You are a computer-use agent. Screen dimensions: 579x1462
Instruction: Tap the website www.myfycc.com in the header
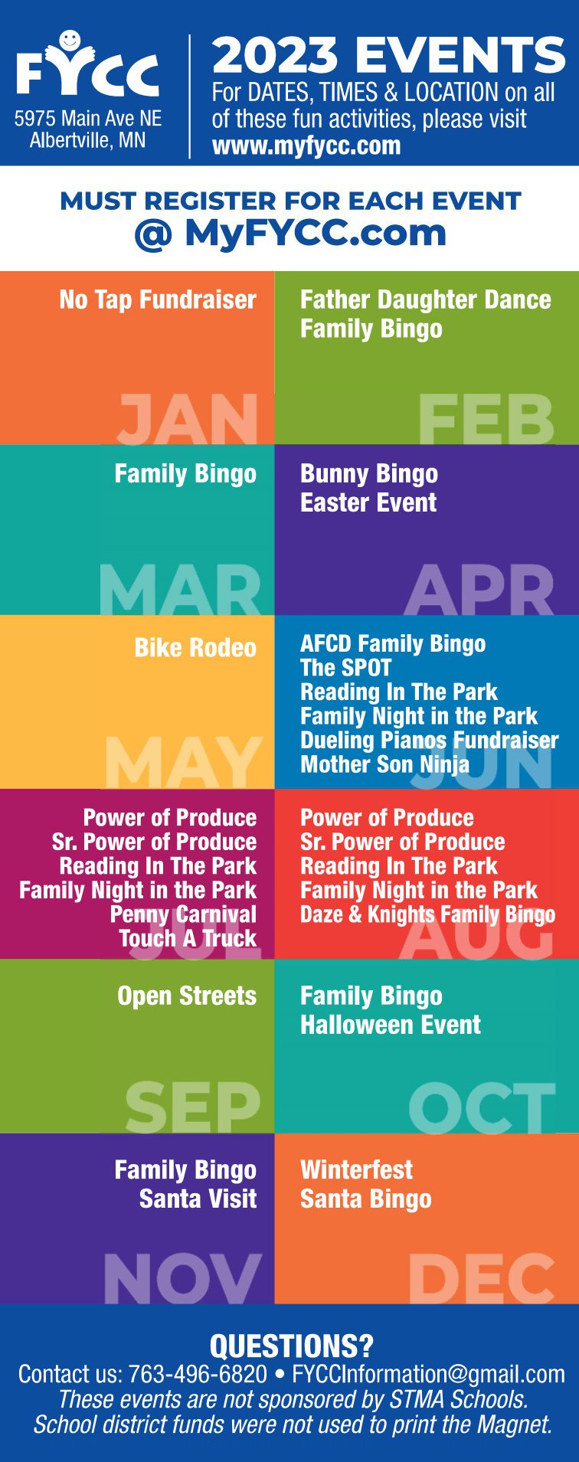(x=306, y=146)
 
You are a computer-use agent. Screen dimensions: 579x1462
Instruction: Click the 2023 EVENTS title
(x=388, y=55)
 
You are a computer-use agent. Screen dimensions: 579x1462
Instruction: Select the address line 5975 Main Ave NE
(x=88, y=119)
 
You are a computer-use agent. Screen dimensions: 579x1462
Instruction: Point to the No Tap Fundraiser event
(x=158, y=299)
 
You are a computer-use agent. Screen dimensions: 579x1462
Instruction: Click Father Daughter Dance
(x=425, y=299)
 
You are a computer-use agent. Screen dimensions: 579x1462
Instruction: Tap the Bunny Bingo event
(x=369, y=474)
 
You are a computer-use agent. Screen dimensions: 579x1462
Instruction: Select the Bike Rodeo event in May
(x=195, y=648)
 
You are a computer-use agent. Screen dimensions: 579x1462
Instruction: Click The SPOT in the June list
(x=345, y=668)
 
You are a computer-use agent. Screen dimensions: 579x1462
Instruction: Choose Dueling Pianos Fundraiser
(x=430, y=740)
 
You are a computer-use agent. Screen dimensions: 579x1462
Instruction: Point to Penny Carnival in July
(x=183, y=914)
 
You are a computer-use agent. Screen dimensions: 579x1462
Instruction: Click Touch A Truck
(x=188, y=938)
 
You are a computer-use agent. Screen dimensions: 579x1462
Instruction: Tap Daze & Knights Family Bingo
(x=427, y=914)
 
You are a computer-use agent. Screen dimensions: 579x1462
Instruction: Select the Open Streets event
(x=187, y=996)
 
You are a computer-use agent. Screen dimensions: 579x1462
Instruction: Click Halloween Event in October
(x=391, y=1025)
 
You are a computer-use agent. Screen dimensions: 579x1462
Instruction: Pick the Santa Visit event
(x=198, y=1199)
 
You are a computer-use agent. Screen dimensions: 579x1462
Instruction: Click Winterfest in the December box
(x=356, y=1169)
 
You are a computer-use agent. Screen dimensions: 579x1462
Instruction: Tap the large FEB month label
(x=486, y=419)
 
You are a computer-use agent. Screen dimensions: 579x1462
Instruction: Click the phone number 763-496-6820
(x=198, y=1375)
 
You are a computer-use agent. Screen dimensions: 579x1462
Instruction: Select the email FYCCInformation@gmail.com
(x=428, y=1375)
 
